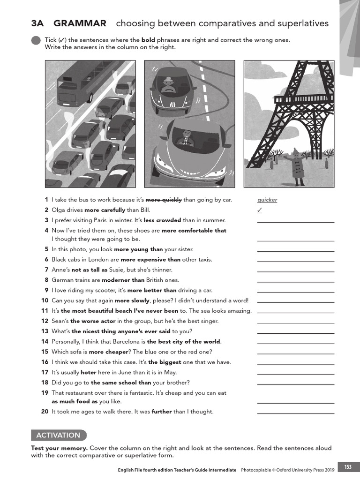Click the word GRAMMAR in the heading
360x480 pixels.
(x=80, y=23)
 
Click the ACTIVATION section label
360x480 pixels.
(x=59, y=435)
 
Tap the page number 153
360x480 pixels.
(x=348, y=467)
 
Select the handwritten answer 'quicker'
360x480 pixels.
(x=267, y=200)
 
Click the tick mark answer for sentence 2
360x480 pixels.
(x=260, y=210)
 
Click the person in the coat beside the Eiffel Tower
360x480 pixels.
(x=296, y=166)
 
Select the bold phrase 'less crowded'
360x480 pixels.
(x=162, y=220)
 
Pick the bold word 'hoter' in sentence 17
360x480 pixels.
(x=88, y=372)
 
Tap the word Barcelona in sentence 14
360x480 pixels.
(x=129, y=342)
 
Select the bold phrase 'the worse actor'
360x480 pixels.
(x=93, y=321)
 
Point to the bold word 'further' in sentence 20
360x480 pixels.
(x=162, y=412)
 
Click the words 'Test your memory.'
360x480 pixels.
(x=60, y=448)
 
